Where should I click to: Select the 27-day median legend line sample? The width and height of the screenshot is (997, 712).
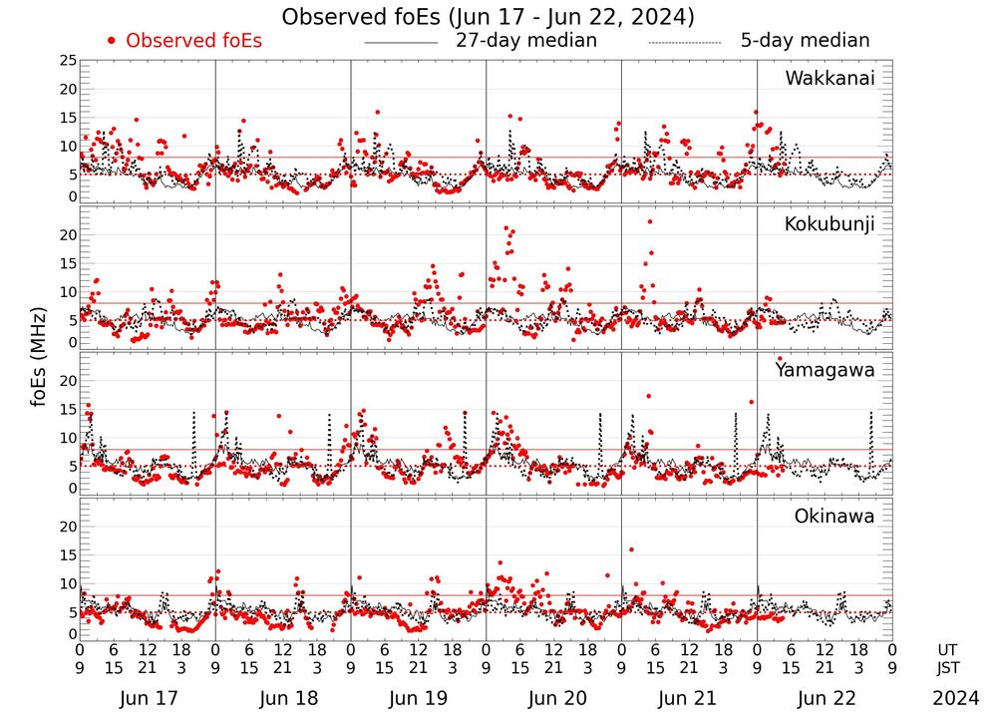401,43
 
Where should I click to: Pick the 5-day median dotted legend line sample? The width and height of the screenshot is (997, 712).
684,43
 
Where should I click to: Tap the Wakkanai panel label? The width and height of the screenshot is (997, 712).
830,78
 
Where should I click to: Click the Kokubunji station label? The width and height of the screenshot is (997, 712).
829,223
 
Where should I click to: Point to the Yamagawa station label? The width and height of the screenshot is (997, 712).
825,370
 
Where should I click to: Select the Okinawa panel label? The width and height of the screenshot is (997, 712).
834,517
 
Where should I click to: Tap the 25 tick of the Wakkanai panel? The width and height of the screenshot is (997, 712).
68,61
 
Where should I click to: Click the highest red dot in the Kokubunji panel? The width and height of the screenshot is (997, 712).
650,221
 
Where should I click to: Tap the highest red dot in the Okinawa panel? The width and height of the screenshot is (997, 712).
631,549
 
